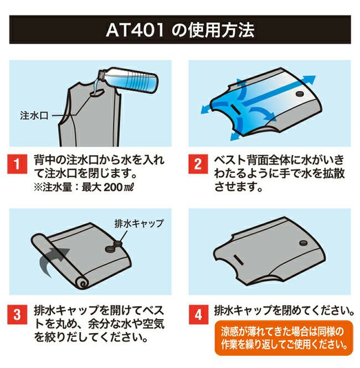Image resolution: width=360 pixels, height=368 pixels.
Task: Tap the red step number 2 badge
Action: click(197, 165)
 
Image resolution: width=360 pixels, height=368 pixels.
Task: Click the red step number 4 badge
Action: click(197, 313)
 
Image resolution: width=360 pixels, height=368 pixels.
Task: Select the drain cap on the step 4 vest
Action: click(304, 242)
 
